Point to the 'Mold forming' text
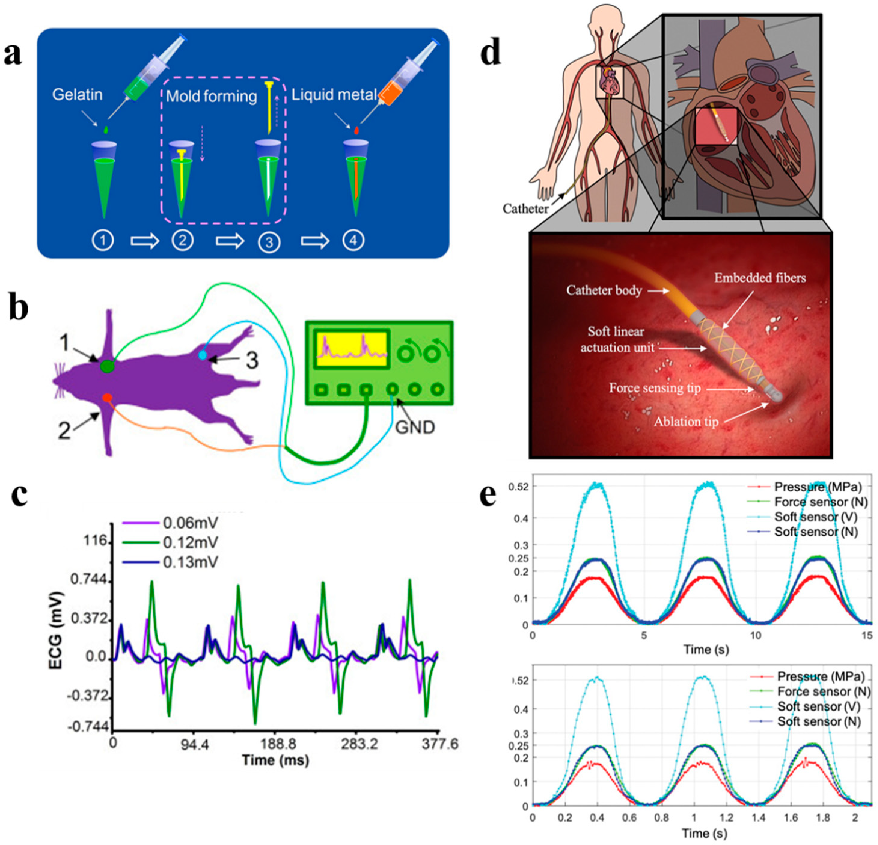211,96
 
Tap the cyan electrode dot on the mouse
203,355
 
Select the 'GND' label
415,427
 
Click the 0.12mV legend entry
190,542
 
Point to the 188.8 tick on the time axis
279,744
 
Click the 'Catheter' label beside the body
525,209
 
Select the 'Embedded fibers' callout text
760,278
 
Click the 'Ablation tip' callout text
686,422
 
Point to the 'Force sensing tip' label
654,388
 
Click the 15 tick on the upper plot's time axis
867,636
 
